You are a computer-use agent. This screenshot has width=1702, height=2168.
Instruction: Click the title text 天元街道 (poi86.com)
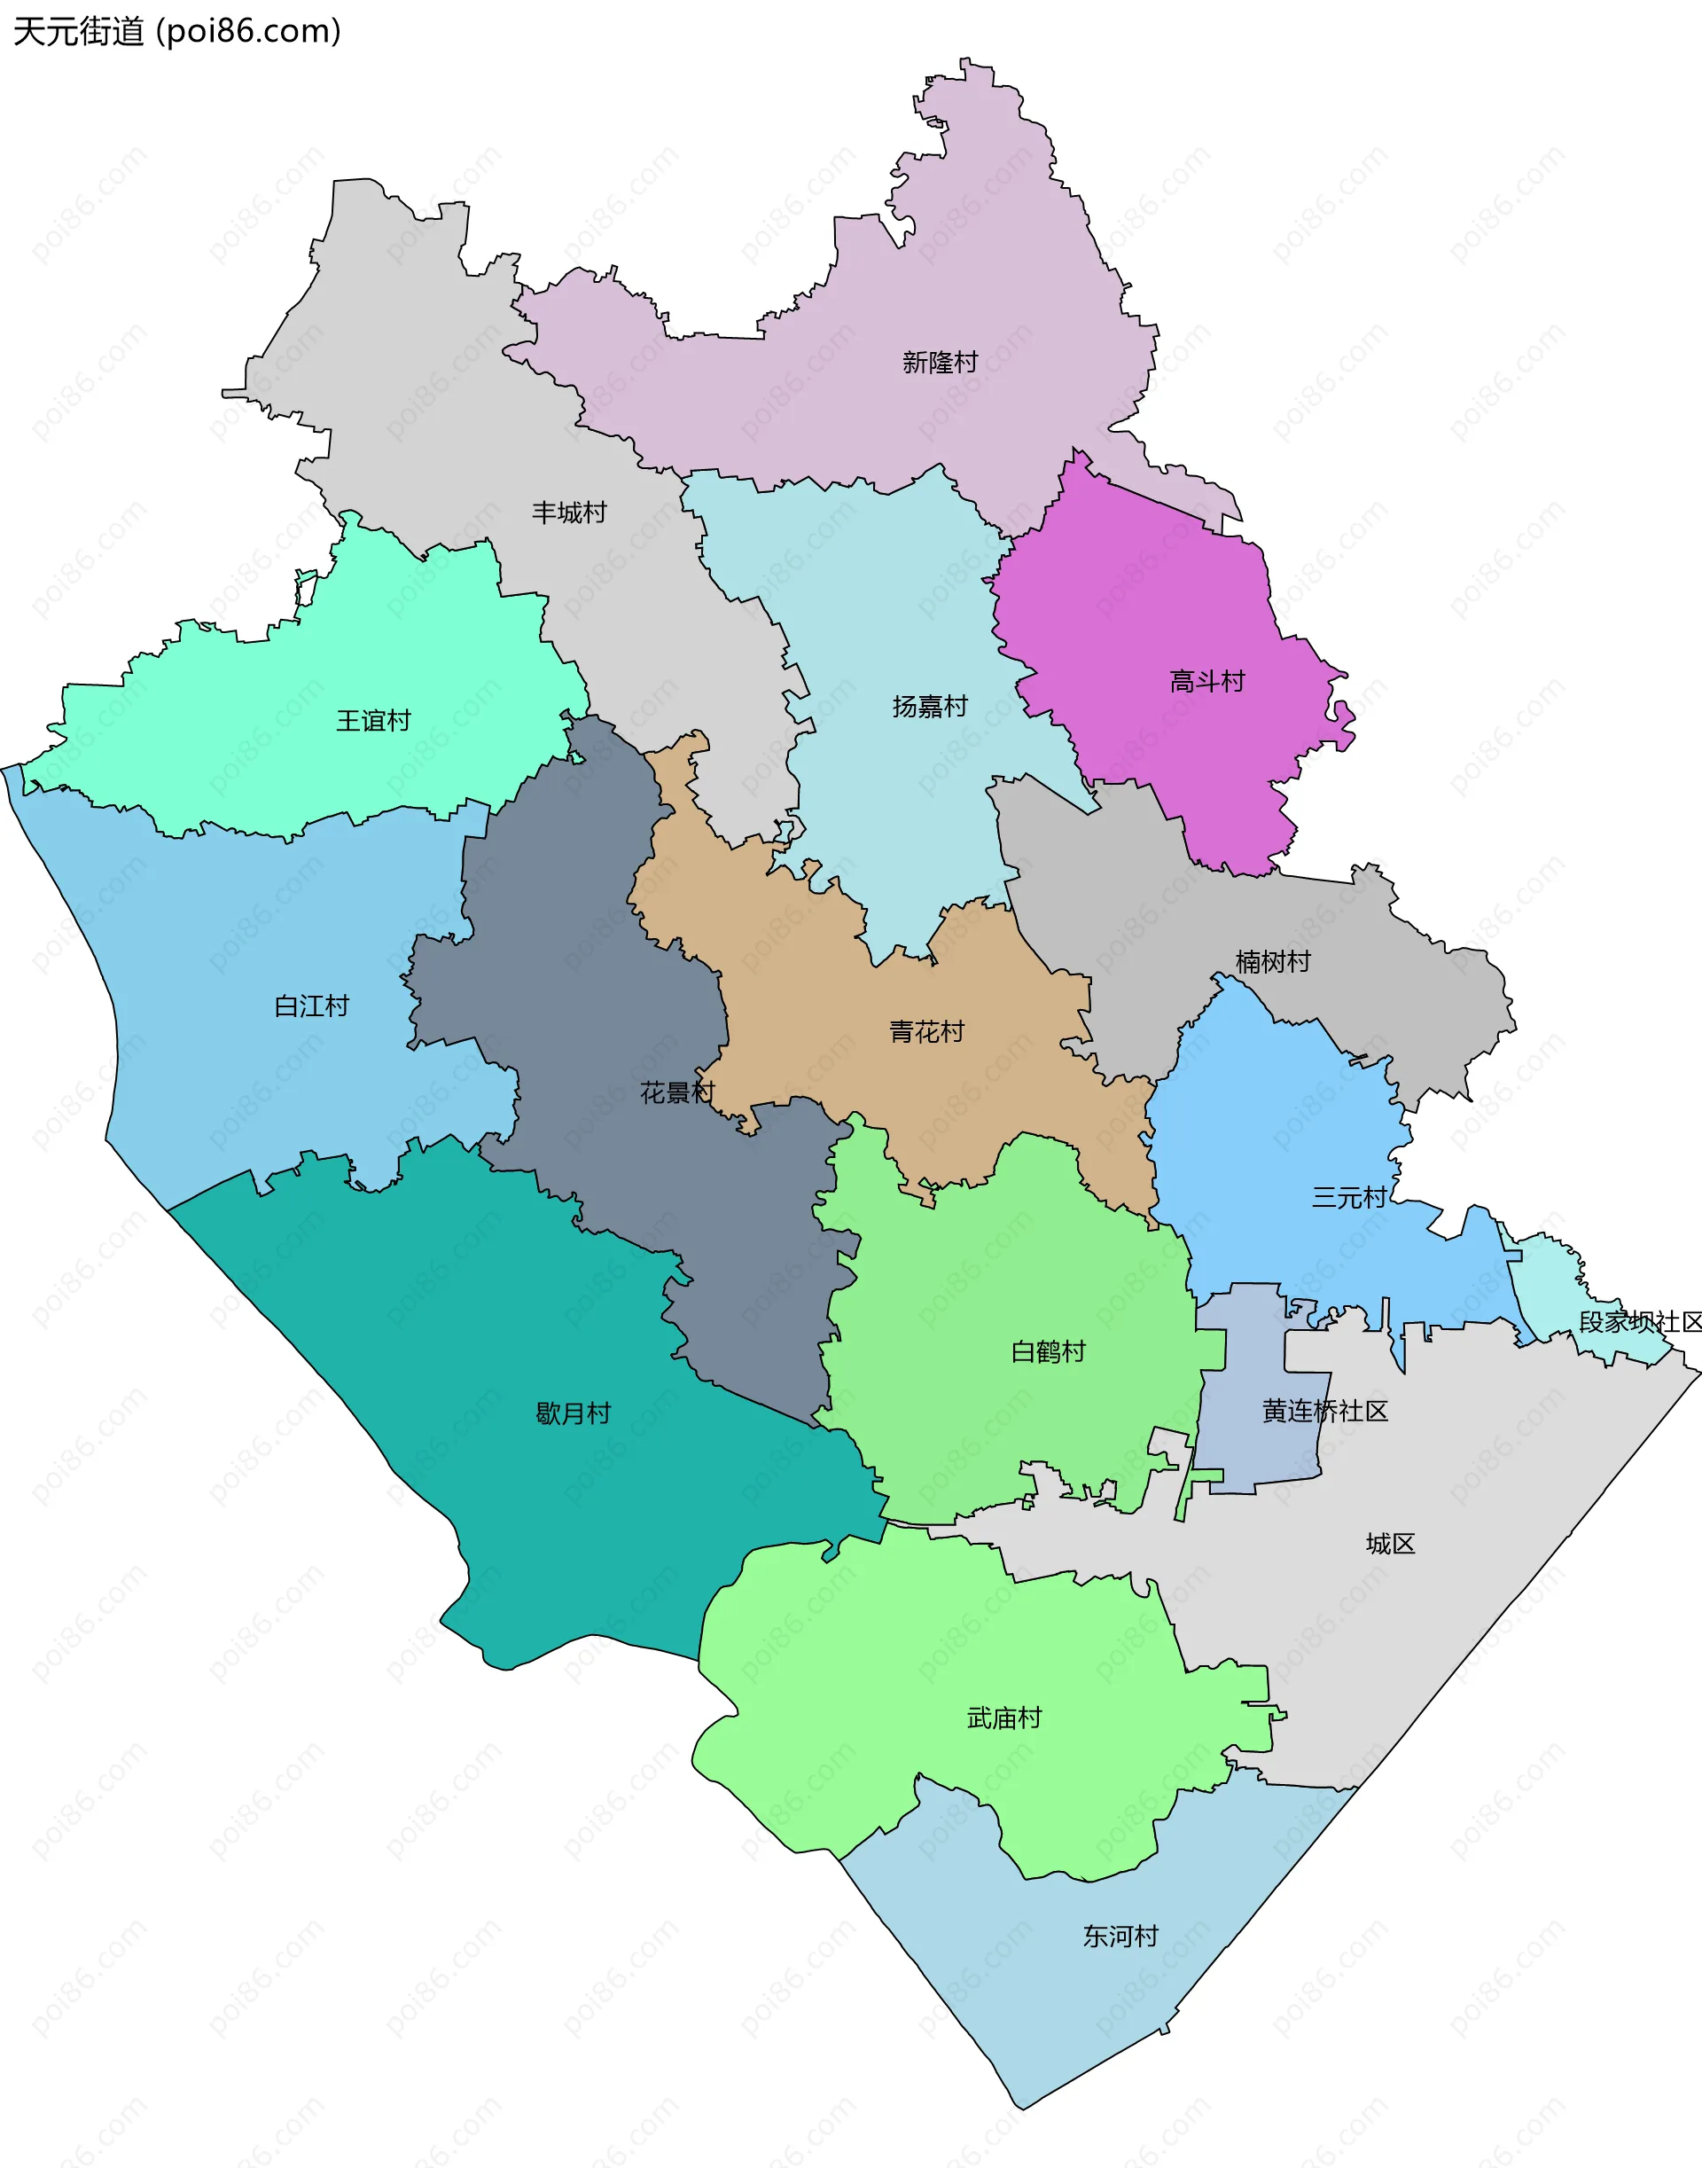(x=177, y=32)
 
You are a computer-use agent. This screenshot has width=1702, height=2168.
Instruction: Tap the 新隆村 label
(x=940, y=363)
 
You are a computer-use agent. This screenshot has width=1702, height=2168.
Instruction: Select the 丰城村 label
(x=569, y=513)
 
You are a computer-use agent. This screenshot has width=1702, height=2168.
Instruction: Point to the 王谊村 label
(x=374, y=721)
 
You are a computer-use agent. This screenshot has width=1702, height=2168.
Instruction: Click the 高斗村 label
(x=1206, y=682)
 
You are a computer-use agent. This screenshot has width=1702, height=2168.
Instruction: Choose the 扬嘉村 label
(x=930, y=707)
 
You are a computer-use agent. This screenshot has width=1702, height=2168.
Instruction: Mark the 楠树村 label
(x=1273, y=962)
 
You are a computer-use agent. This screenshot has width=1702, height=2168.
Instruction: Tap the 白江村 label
(x=312, y=1006)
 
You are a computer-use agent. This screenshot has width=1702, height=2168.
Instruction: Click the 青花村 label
(x=926, y=1031)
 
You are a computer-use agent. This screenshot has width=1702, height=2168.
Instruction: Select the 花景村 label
(x=677, y=1092)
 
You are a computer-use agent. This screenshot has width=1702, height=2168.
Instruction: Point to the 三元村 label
(x=1349, y=1197)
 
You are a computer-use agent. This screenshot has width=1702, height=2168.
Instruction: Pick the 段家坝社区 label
(x=1640, y=1322)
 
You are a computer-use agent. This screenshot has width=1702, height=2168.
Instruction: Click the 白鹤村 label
(x=1049, y=1351)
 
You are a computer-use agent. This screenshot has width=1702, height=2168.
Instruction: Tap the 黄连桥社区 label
(x=1324, y=1411)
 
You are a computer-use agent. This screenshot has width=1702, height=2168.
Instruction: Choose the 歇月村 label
(x=573, y=1413)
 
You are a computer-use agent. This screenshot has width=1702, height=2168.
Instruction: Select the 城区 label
(x=1390, y=1544)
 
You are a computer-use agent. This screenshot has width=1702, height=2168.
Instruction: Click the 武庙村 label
(x=1004, y=1718)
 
